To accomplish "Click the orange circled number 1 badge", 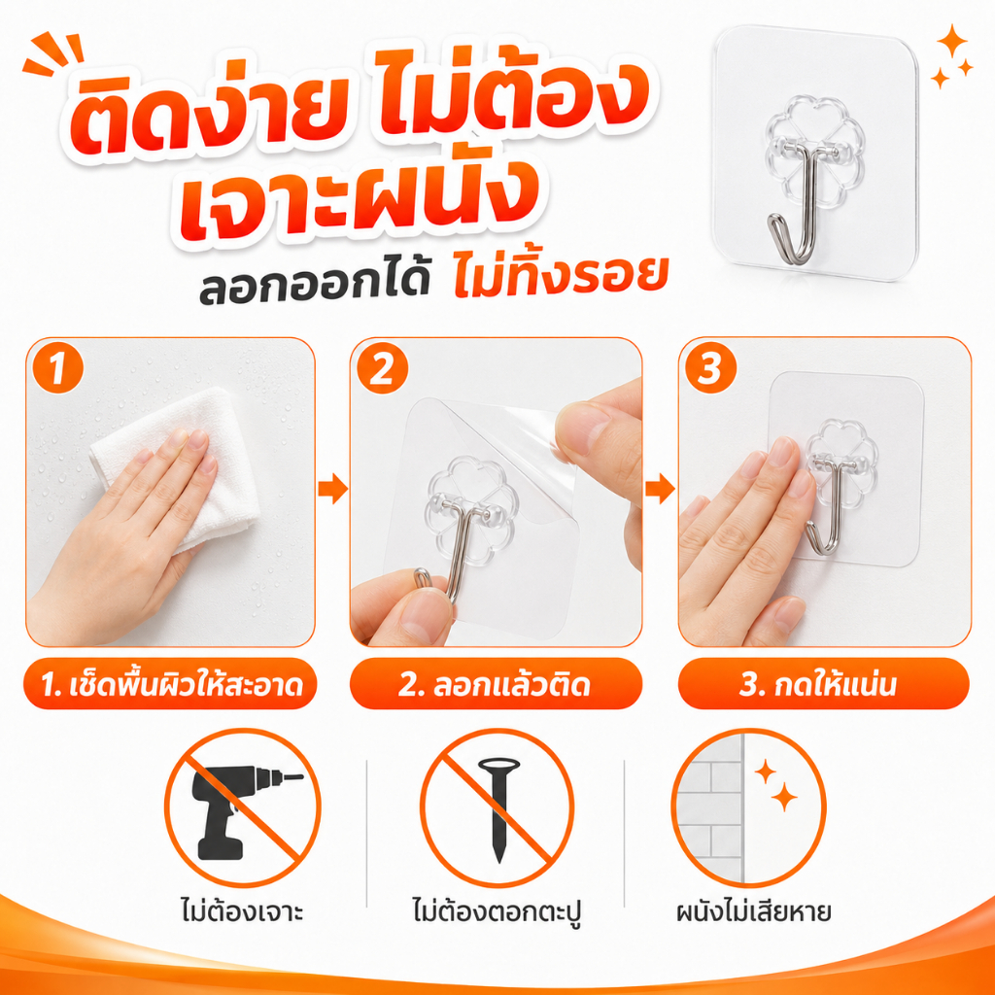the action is click(x=57, y=368).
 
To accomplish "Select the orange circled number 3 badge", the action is click(x=710, y=368).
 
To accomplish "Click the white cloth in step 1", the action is click(x=171, y=463).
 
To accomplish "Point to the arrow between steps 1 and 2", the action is click(x=332, y=490).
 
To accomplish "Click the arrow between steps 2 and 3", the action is click(x=660, y=490).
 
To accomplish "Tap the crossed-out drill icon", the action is click(x=243, y=807).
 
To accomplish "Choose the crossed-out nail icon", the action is click(x=497, y=807).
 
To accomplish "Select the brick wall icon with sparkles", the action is click(x=749, y=807).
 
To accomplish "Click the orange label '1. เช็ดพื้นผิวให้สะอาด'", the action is click(x=170, y=684).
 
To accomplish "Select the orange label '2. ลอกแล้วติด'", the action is click(x=496, y=684).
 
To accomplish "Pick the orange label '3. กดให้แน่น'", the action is click(x=824, y=684).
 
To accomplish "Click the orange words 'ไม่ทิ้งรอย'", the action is click(x=561, y=279).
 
